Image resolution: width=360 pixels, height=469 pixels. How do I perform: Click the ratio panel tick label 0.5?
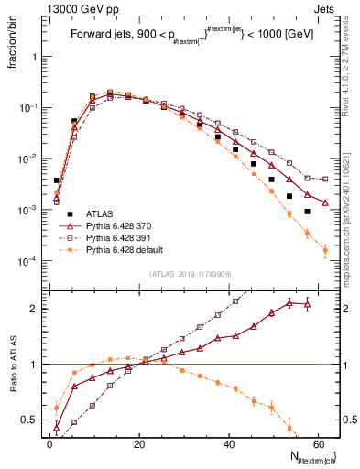[29, 420]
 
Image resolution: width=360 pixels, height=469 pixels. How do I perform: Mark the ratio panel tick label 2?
[34, 309]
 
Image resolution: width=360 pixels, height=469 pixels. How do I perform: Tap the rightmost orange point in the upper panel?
[325, 249]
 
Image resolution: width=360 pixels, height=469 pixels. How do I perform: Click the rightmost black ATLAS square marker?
[308, 212]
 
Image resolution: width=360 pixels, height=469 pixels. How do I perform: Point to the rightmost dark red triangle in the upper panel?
[325, 202]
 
